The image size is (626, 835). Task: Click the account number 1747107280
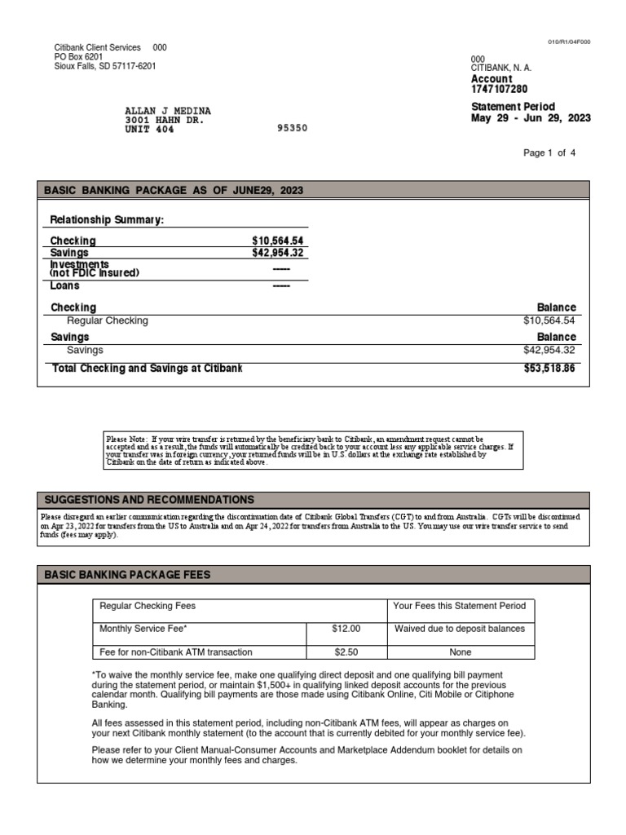[x=499, y=89]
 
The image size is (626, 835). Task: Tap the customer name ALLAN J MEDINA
[x=167, y=110]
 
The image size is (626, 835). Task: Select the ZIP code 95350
[x=293, y=128]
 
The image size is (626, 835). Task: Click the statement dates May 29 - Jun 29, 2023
[x=531, y=118]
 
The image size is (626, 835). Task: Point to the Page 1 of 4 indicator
[x=549, y=152]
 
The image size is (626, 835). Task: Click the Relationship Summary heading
[x=107, y=220]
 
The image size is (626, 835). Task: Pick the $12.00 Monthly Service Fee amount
[x=346, y=629]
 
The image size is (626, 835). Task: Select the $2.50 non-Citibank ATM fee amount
[x=346, y=652]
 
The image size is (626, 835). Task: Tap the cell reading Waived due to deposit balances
[x=460, y=629]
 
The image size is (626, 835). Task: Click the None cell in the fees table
[x=460, y=652]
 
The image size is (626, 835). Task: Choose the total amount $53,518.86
[x=549, y=369]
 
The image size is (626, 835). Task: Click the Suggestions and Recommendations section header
[x=148, y=500]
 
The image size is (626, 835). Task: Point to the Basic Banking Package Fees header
[x=126, y=575]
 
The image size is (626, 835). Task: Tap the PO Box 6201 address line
[x=78, y=57]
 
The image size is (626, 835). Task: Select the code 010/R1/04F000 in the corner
[x=569, y=41]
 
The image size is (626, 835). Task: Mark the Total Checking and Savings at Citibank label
[x=148, y=369]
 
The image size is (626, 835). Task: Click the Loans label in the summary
[x=65, y=286]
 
